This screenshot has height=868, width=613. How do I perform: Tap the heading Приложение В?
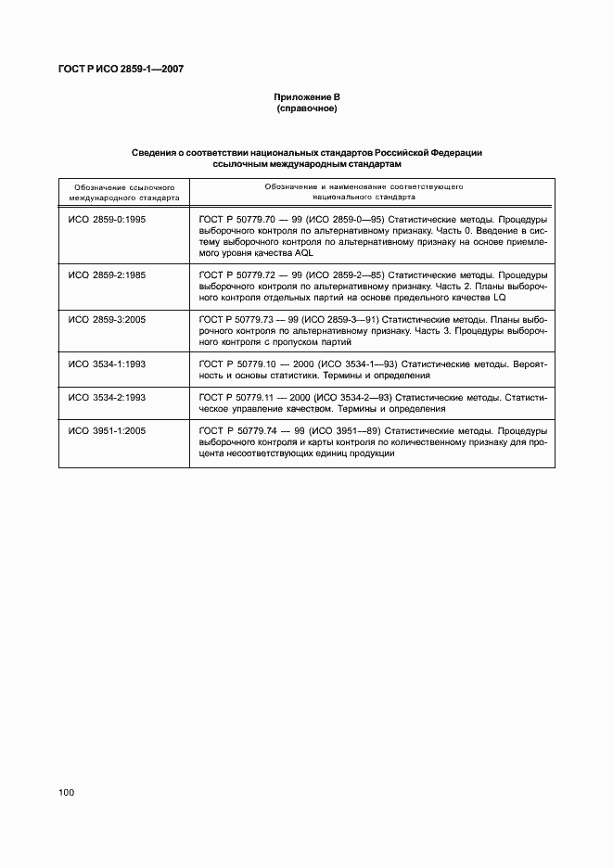pos(306,97)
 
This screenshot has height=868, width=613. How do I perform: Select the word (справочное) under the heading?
pos(306,109)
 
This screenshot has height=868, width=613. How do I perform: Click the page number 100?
pos(66,792)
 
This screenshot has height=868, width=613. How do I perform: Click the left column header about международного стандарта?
pos(120,192)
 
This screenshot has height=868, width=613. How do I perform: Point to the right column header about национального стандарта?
pos(363,192)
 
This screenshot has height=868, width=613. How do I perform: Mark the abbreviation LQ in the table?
pos(522,298)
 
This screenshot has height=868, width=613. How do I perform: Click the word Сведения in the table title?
pos(154,152)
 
